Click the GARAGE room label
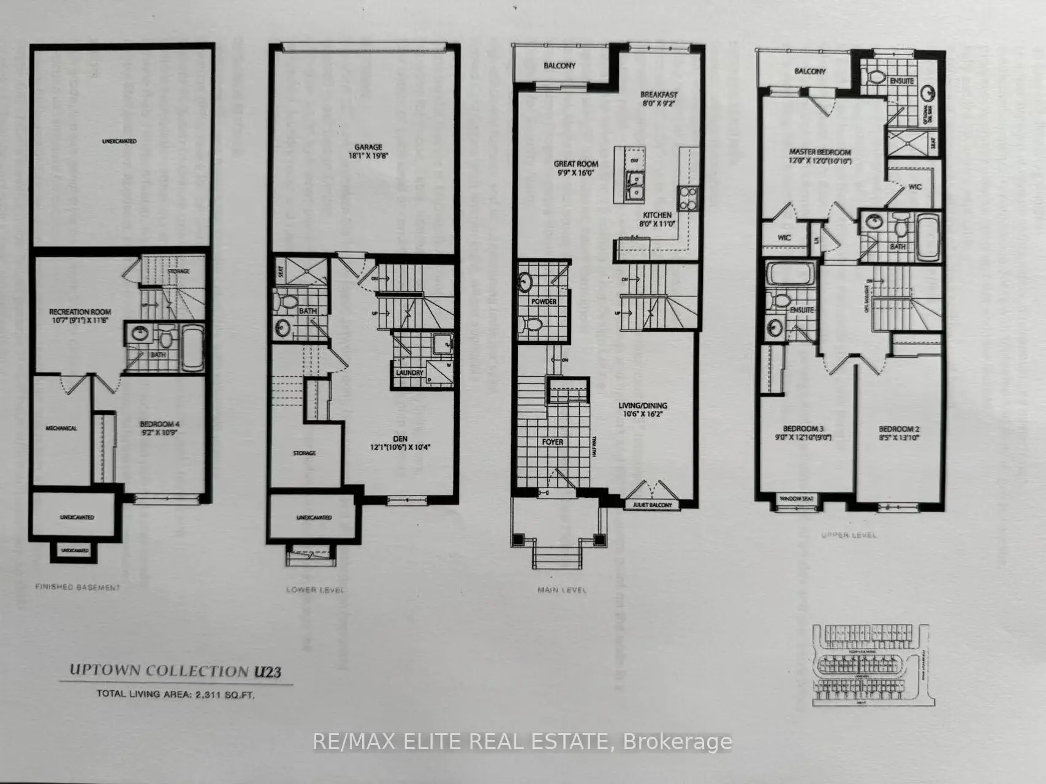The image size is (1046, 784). coord(368,147)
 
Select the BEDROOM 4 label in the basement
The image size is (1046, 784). coord(159,424)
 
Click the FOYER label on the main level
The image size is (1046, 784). coord(552,442)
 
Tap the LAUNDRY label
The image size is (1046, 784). coord(409,372)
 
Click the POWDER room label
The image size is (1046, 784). coord(544,301)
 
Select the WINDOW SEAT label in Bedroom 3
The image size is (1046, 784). coord(796,499)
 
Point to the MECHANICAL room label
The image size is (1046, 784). coord(61,428)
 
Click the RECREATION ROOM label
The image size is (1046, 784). coord(80,312)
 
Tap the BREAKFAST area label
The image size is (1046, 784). coord(659,95)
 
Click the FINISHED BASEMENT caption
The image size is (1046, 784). coord(78,587)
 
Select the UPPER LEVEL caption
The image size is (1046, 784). coord(848,535)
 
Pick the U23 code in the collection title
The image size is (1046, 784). coord(267,672)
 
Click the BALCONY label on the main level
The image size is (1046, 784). coord(559,66)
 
